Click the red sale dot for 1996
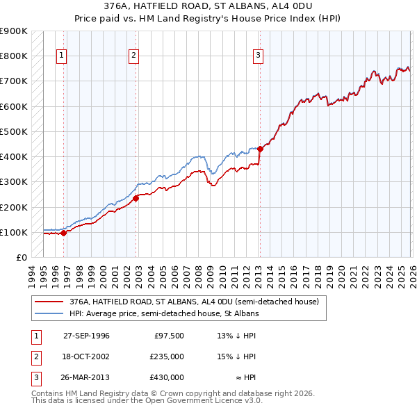pyautogui.click(x=63, y=233)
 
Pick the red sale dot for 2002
pyautogui.click(x=136, y=198)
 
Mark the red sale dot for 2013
pyautogui.click(x=260, y=148)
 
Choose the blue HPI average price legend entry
pyautogui.click(x=163, y=314)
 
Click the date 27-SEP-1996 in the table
pyautogui.click(x=86, y=336)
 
